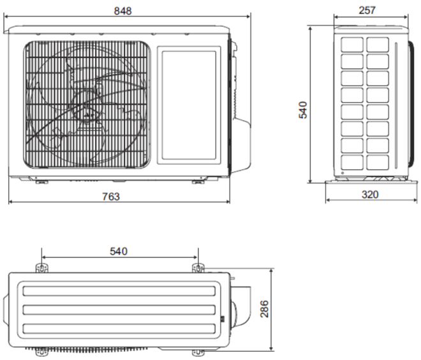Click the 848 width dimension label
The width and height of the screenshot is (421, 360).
pos(122,11)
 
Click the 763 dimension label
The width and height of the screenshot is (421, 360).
pos(111,197)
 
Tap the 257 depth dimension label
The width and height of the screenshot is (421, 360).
pos(367,10)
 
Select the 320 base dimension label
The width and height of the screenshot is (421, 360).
pos(370,195)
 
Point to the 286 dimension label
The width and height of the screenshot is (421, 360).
pos(265,309)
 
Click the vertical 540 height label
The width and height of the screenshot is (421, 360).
pos(303,110)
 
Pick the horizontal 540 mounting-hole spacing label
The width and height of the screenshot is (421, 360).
pos(119,251)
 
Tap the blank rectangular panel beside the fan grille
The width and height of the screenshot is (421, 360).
pos(189,105)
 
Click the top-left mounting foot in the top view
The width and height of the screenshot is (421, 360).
pos(42,268)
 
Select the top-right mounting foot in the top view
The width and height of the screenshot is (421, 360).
pos(198,268)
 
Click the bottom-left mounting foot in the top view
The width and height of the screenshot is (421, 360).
pos(42,352)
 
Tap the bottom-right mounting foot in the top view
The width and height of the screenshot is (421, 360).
pos(198,352)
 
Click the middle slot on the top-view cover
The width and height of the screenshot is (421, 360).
pos(119,310)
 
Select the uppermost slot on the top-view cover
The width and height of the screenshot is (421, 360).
pos(119,291)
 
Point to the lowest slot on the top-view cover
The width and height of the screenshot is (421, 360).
pos(119,329)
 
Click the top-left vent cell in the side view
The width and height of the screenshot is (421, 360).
pos(352,44)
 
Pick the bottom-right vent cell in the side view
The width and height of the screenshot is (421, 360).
pos(378,162)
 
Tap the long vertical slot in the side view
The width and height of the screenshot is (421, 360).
pos(395,105)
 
